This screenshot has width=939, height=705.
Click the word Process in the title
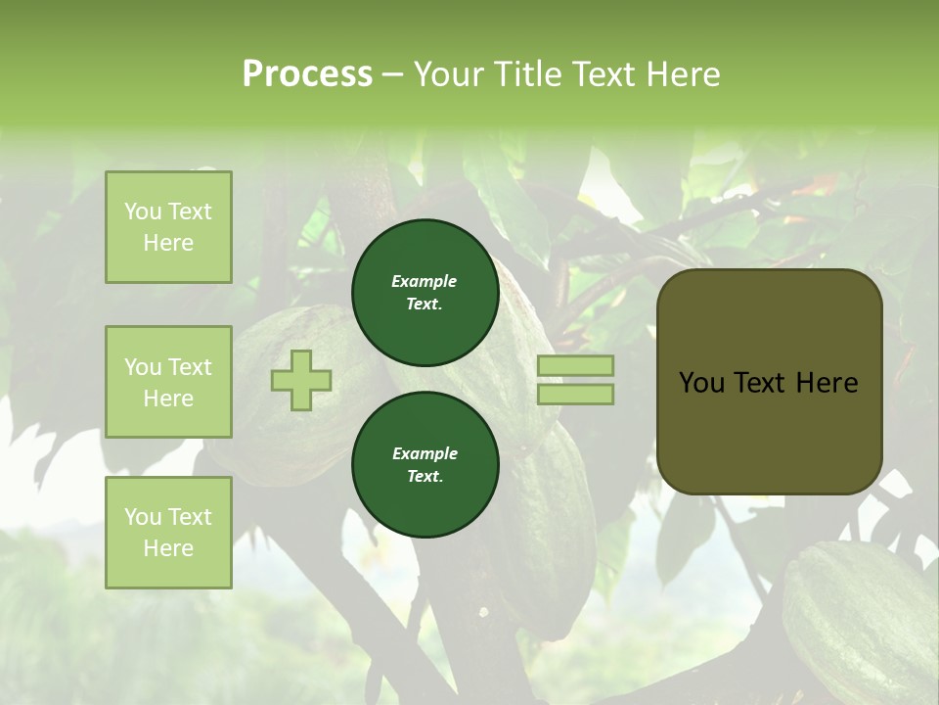pos(307,74)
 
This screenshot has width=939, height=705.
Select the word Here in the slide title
pos(682,74)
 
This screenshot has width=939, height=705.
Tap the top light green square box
pos(168,227)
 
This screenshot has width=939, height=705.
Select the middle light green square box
pos(168,382)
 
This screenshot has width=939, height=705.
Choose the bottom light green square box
pos(168,533)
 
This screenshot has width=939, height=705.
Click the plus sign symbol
pos(301,380)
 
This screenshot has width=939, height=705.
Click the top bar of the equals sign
pos(575,365)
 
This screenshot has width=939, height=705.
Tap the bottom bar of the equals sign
pos(575,394)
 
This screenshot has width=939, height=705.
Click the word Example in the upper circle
pos(425,281)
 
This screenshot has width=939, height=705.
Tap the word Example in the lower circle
pos(425,453)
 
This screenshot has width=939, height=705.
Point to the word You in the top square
pos(143,211)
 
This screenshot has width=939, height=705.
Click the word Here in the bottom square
pos(168,548)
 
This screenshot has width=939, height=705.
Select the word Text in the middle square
pos(190,367)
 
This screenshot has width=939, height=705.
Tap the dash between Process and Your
pos(393,74)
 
